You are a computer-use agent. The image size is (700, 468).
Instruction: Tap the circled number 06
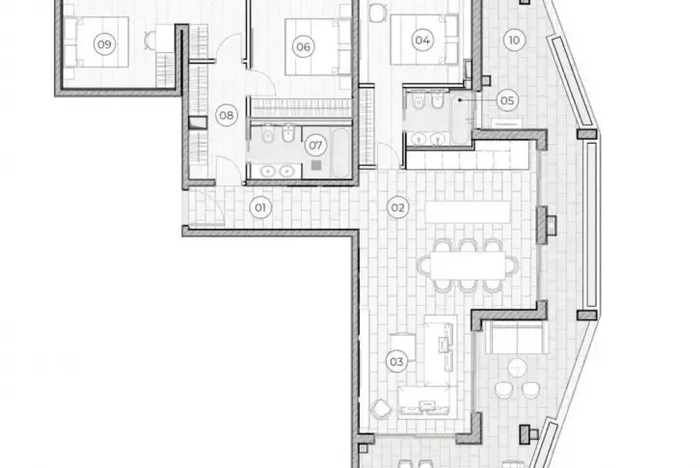pos(303,45)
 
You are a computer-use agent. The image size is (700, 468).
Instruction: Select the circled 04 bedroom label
pos(421,41)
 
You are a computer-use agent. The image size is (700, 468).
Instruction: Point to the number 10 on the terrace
pos(514,41)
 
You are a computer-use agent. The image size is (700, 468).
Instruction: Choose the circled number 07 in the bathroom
pos(314,147)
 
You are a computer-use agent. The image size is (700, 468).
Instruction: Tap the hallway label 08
pos(227,116)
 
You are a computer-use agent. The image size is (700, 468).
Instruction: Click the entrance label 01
pos(258,206)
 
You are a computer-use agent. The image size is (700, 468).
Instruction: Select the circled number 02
pos(395,206)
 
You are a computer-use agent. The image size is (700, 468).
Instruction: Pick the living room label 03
pos(395,362)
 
